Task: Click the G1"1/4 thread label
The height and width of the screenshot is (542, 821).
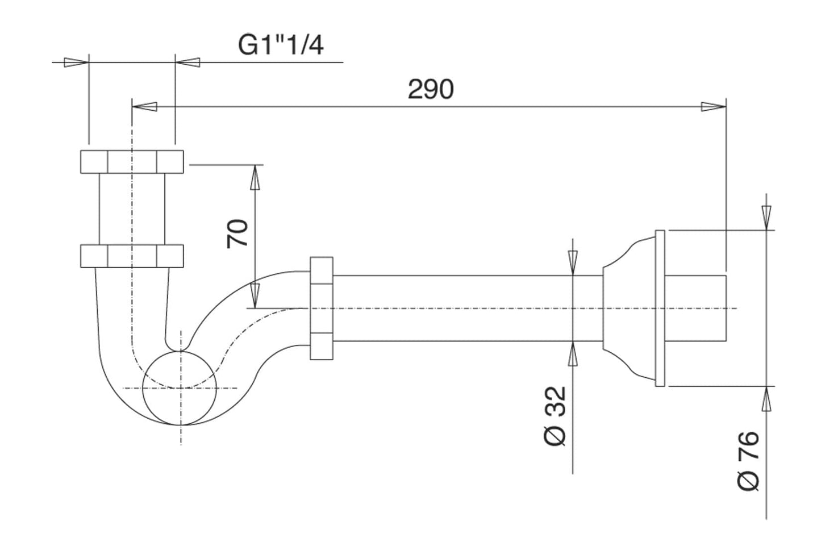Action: pyautogui.click(x=281, y=45)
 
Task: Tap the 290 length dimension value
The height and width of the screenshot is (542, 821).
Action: pyautogui.click(x=431, y=90)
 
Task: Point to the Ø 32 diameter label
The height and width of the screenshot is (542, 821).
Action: pyautogui.click(x=555, y=416)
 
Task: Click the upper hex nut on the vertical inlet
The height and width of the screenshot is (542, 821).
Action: pyautogui.click(x=132, y=161)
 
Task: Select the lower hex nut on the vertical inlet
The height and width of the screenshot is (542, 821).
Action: pyautogui.click(x=132, y=255)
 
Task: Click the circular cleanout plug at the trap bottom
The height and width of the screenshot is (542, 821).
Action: pyautogui.click(x=180, y=388)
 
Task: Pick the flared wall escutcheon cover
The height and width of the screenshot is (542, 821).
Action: pyautogui.click(x=628, y=308)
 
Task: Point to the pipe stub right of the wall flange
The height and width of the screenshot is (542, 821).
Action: pyautogui.click(x=695, y=308)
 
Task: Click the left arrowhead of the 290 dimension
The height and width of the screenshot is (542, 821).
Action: pyautogui.click(x=145, y=106)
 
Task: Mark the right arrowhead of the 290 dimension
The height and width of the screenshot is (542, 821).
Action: pyautogui.click(x=714, y=106)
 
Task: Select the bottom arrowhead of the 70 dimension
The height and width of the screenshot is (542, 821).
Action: pyautogui.click(x=256, y=295)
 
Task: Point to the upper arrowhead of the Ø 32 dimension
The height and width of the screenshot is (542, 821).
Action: pyautogui.click(x=573, y=262)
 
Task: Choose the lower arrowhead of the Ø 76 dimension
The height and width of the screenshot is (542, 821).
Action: pyautogui.click(x=766, y=398)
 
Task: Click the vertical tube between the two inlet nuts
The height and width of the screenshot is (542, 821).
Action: pyautogui.click(x=132, y=208)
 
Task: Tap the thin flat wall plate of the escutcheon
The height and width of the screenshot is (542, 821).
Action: pyautogui.click(x=660, y=308)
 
